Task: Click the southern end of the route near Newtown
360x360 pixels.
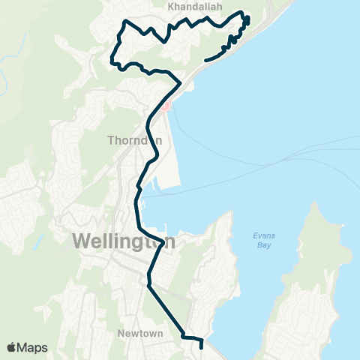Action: (x=202, y=346)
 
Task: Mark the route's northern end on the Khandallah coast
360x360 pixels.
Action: (x=205, y=60)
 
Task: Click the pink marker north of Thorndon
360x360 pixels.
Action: (x=166, y=106)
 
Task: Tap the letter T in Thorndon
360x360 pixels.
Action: (x=111, y=140)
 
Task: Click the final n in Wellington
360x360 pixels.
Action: (x=170, y=242)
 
